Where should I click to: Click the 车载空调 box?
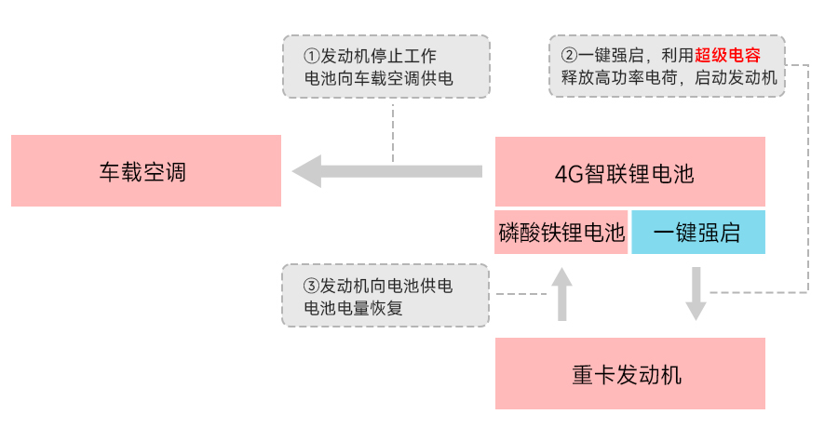tap(145, 171)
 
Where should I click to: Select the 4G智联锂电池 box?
tap(629, 172)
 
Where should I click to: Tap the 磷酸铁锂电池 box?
tap(561, 233)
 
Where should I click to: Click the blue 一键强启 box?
tap(697, 233)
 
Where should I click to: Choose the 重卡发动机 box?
tap(629, 374)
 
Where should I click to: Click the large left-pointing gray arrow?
tap(385, 171)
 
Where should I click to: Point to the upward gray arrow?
tap(561, 293)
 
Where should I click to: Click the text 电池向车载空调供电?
tap(378, 78)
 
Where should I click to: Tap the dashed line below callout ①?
tap(393, 130)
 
